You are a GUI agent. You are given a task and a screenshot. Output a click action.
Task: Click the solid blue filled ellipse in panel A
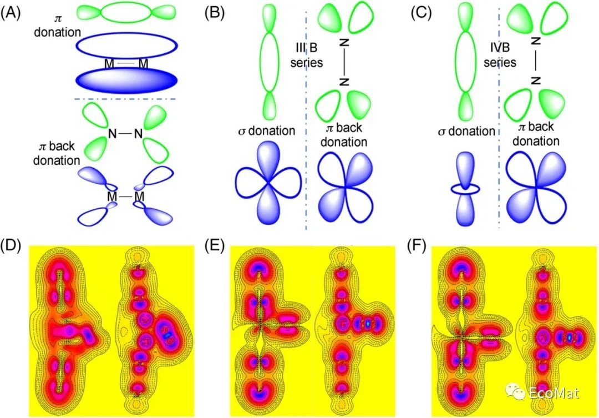click(x=127, y=81)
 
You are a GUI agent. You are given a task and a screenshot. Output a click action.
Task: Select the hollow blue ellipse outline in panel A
click(x=127, y=47)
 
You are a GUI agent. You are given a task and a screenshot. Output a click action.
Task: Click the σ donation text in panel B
click(x=265, y=131)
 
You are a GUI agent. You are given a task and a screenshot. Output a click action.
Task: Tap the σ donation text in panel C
click(x=465, y=131)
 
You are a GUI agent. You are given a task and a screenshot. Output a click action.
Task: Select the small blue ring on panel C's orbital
click(x=465, y=189)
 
